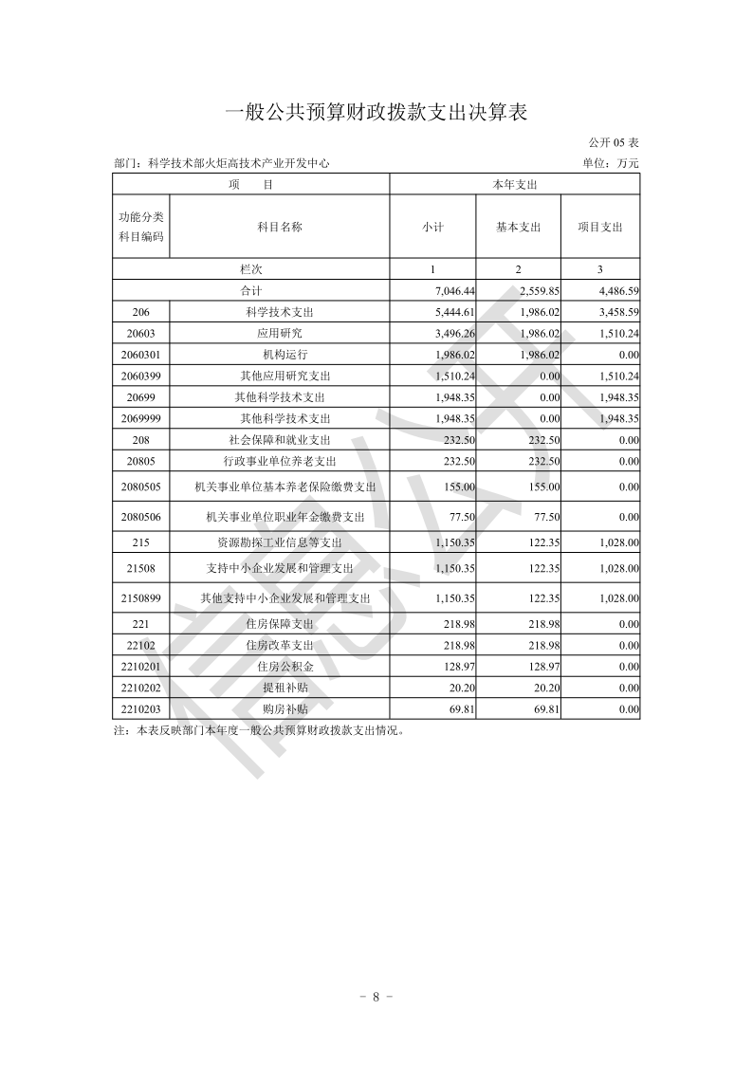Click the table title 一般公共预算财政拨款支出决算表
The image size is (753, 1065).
point(376,113)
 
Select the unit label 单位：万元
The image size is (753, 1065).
point(612,163)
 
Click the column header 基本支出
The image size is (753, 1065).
point(518,227)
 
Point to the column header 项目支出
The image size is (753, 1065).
point(600,227)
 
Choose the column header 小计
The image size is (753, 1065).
point(432,227)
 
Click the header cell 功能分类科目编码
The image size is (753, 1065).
point(141,227)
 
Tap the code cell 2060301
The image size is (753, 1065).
point(141,355)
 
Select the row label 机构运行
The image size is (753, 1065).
point(280,355)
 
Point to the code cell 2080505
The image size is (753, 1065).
point(141,487)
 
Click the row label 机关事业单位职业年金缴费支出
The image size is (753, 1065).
point(285,517)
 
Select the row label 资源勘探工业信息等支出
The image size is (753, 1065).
point(280,542)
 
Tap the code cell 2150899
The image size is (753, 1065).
point(141,598)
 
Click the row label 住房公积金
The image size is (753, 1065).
point(280,667)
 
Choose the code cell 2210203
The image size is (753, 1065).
point(141,708)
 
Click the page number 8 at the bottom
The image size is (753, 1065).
point(376,997)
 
